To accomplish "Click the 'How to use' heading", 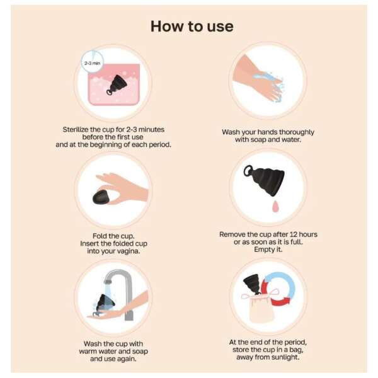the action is point(192,26).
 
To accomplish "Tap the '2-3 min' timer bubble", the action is point(92,62).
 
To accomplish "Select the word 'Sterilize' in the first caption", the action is point(76,129).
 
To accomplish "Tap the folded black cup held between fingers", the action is point(101,197).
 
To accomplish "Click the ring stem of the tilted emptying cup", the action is point(248,171).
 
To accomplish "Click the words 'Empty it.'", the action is point(268,249).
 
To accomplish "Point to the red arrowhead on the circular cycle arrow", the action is point(286,301).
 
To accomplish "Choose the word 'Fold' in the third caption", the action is point(100,236).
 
